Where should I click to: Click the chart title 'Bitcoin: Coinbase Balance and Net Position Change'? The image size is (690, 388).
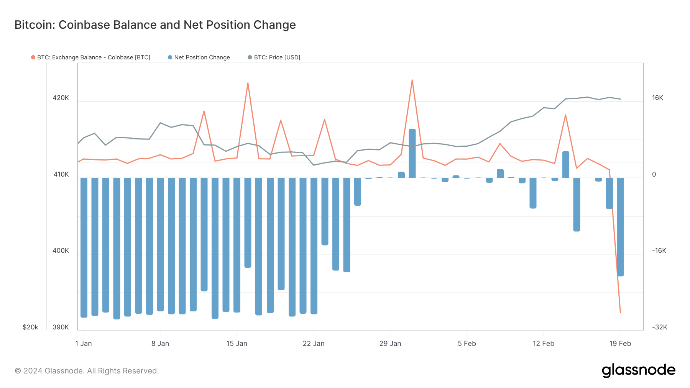tap(155, 25)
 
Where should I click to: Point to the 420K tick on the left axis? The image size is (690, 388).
tap(61, 98)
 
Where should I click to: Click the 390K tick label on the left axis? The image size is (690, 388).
tap(61, 327)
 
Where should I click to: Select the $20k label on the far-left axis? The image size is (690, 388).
tap(30, 327)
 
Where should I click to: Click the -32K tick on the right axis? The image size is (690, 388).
tap(659, 327)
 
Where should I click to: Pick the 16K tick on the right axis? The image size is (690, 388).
tap(657, 98)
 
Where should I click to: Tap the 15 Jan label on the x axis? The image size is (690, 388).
tap(237, 344)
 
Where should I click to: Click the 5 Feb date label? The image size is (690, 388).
tap(467, 344)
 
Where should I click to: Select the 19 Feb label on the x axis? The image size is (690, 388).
tap(620, 344)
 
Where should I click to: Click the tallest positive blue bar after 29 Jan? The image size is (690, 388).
tap(412, 153)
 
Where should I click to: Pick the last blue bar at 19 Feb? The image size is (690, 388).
tap(620, 227)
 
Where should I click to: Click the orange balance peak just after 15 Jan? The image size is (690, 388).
tap(248, 83)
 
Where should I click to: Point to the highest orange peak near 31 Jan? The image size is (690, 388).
tap(412, 80)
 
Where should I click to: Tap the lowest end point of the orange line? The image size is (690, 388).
tap(620, 313)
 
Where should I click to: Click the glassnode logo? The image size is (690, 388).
tap(638, 370)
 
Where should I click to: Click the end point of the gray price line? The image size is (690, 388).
tap(620, 99)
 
